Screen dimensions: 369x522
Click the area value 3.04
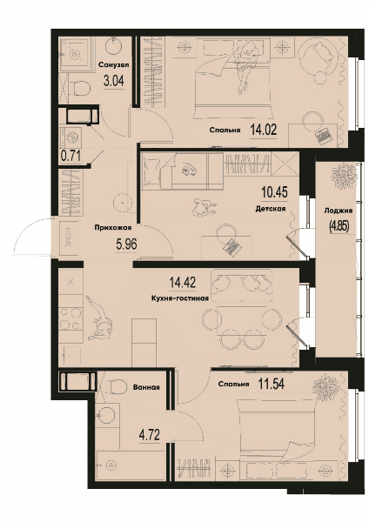click(113, 81)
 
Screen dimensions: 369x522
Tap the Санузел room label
click(113, 64)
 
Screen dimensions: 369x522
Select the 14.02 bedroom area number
click(264, 130)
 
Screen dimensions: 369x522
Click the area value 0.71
click(70, 156)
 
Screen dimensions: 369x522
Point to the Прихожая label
click(113, 228)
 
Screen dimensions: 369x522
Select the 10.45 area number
click(275, 192)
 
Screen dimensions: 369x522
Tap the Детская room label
click(271, 209)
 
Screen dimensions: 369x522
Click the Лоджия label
click(339, 211)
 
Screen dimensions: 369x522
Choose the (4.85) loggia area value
click(339, 226)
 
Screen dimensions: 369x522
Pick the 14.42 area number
click(183, 283)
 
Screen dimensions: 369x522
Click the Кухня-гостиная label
click(180, 298)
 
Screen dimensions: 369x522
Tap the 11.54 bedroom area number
click(272, 385)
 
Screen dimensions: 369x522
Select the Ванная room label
click(146, 387)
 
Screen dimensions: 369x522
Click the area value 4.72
click(150, 435)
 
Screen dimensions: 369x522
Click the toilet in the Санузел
click(80, 89)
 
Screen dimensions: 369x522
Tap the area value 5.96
click(126, 244)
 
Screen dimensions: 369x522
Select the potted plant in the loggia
click(341, 175)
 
